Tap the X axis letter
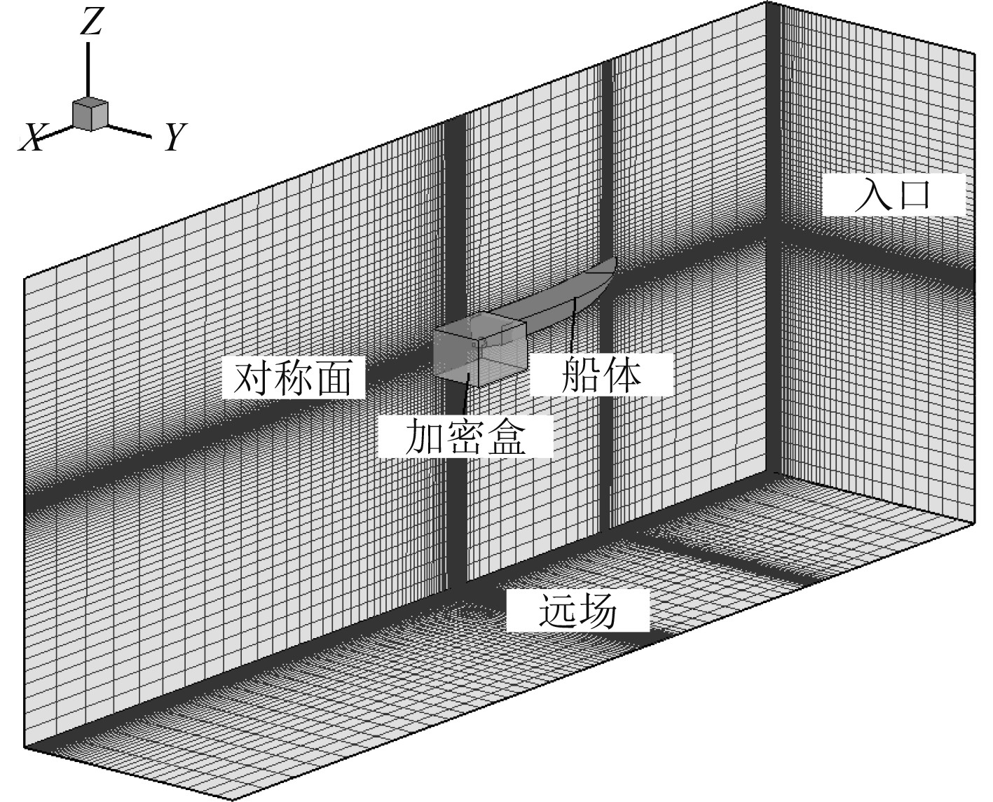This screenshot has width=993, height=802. pos(31,137)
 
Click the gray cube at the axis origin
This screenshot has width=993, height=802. pos(90,114)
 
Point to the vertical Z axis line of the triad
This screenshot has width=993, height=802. pos(88,69)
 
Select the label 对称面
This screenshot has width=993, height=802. pos(293,379)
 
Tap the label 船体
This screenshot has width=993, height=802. pos(602,375)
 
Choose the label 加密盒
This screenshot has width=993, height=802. pos(465,437)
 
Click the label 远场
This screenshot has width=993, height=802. pos(577,611)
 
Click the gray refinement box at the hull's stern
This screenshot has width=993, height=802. pos(479,350)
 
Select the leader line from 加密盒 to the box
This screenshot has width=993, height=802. pos(466,396)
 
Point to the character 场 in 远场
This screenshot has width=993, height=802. pos(597,611)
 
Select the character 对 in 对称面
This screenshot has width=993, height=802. pos(252,379)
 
